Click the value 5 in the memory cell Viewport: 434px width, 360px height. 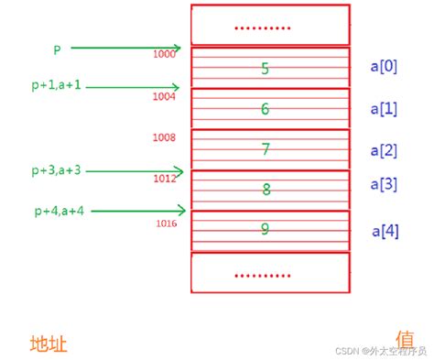click(x=265, y=68)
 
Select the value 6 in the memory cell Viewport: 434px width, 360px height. click(x=265, y=109)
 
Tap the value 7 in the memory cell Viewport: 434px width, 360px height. click(x=266, y=149)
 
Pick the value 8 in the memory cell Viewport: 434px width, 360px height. click(x=266, y=190)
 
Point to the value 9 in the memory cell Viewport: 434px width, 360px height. click(x=266, y=229)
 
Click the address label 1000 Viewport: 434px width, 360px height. click(x=164, y=54)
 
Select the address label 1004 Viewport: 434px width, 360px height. click(x=165, y=95)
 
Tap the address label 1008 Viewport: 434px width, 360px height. click(x=165, y=136)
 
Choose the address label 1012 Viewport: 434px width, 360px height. click(x=165, y=179)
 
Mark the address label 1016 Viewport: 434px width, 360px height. click(x=166, y=223)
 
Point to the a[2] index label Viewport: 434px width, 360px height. click(x=384, y=149)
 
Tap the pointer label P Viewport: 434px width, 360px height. click(x=58, y=48)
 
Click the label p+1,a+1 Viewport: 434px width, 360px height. click(x=56, y=84)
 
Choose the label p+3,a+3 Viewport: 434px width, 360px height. click(x=56, y=169)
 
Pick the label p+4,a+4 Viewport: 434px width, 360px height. click(x=60, y=211)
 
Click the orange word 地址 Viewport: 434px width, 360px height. click(x=49, y=344)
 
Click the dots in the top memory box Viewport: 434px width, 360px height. click(x=262, y=27)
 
